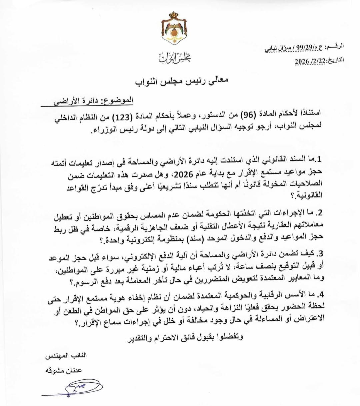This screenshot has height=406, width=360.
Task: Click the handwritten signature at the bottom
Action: point(77,387)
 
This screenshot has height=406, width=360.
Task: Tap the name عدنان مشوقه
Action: point(63,370)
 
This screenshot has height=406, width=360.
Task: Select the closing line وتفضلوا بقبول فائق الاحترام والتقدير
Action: point(185,337)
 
